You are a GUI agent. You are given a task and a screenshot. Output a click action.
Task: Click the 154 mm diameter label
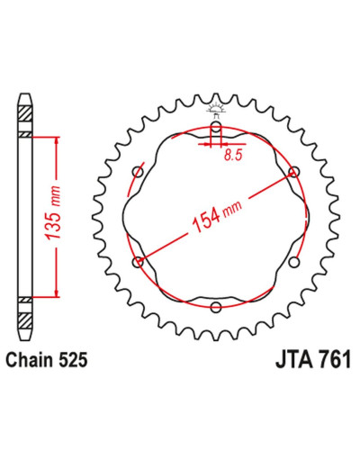click(x=217, y=215)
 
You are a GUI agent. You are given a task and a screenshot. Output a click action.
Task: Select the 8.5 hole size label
click(x=233, y=155)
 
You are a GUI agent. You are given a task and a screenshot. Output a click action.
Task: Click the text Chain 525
click(x=47, y=360)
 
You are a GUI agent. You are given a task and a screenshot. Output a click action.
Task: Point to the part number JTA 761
click(x=313, y=360)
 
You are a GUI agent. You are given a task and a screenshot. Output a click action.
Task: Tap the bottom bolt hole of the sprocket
click(x=216, y=307)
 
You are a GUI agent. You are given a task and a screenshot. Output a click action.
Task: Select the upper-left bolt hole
click(x=139, y=172)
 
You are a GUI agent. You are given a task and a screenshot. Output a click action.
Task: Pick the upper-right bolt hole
click(x=293, y=172)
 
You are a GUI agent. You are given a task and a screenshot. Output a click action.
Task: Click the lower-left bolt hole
click(x=138, y=262)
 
